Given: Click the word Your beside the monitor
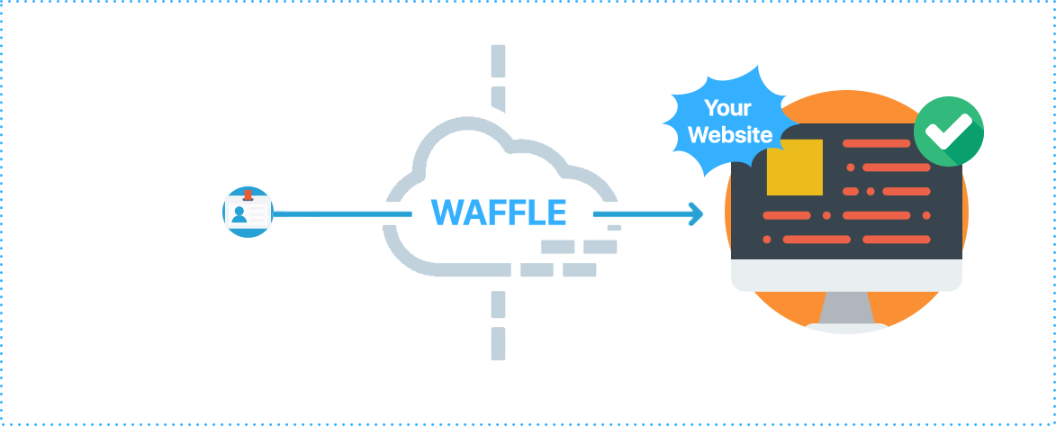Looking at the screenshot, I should (x=727, y=109).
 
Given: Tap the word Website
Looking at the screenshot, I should (x=729, y=135).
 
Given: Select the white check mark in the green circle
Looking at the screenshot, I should (x=948, y=132).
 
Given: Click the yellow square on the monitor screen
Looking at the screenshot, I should (x=794, y=168).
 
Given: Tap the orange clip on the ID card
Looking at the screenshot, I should (x=247, y=195).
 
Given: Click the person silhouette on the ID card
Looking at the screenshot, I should (x=239, y=213).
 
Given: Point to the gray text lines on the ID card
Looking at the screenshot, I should (x=259, y=213).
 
